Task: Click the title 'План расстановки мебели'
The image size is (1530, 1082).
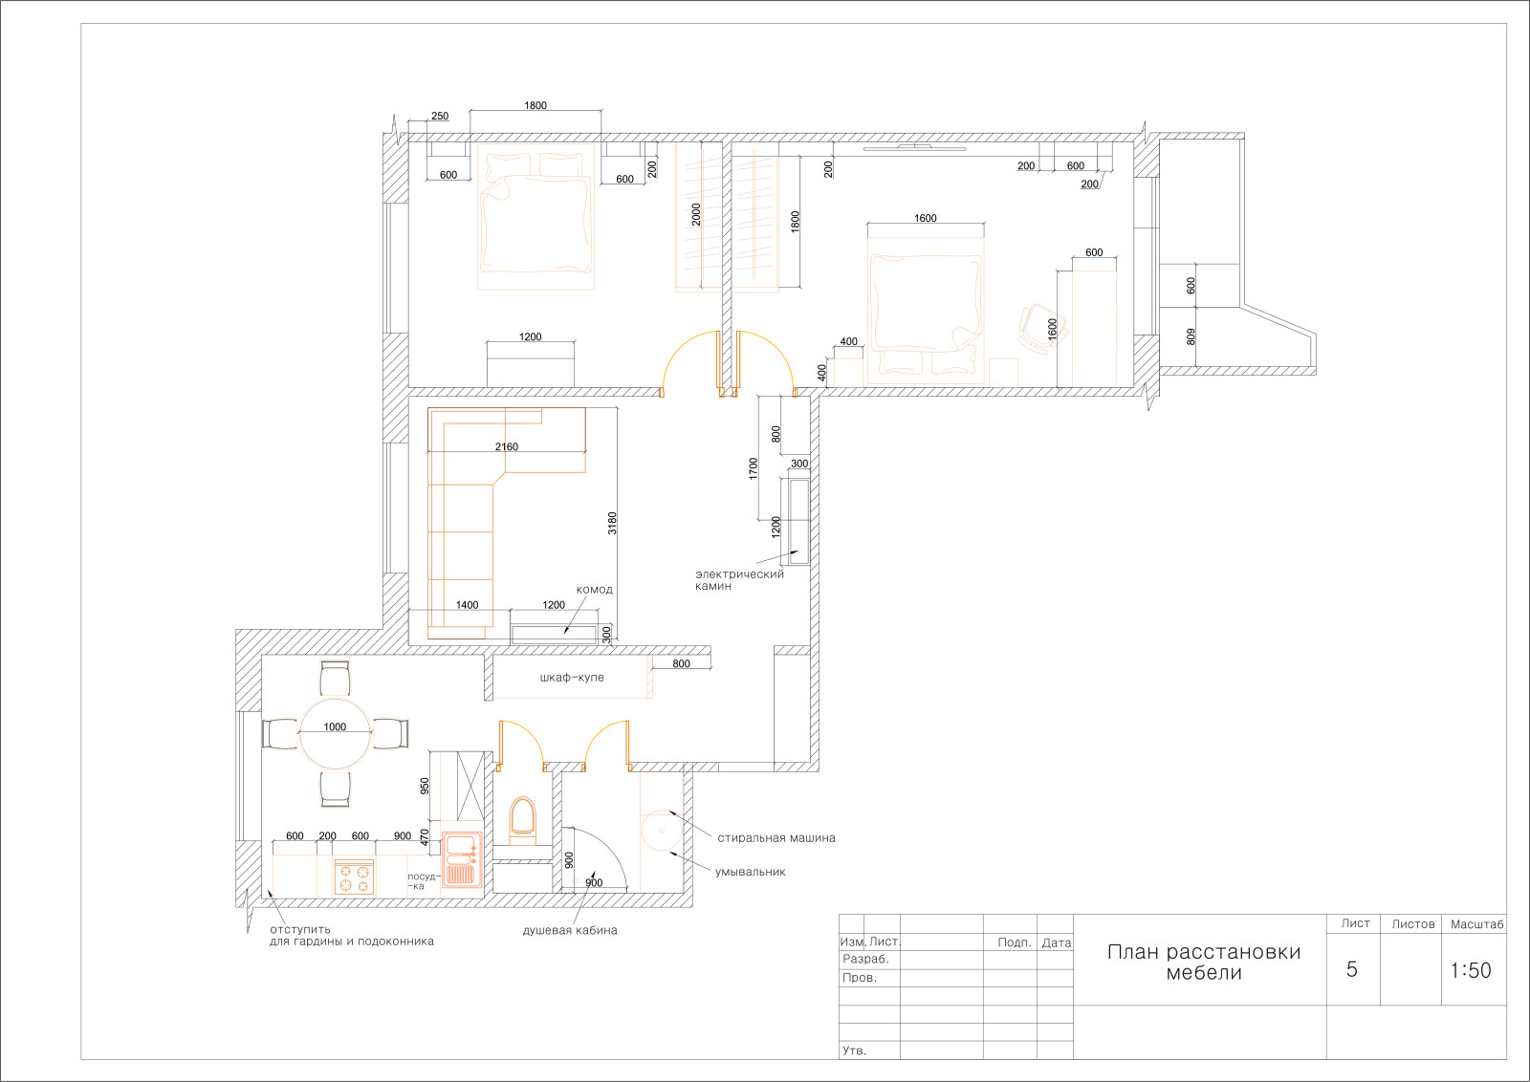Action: pyautogui.click(x=1204, y=962)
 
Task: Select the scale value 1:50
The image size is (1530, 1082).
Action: pyautogui.click(x=1471, y=970)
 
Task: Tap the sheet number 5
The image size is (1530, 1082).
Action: pyautogui.click(x=1352, y=969)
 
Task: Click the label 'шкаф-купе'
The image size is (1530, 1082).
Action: pyautogui.click(x=572, y=677)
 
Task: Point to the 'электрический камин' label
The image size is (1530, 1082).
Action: pyautogui.click(x=739, y=579)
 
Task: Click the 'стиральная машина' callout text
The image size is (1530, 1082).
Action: pyautogui.click(x=776, y=837)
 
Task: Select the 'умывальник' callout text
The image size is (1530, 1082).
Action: pyautogui.click(x=750, y=872)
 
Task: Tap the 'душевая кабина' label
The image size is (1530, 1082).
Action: pyautogui.click(x=570, y=930)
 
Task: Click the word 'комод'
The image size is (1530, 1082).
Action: pyautogui.click(x=594, y=590)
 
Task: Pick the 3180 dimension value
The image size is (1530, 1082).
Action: pyautogui.click(x=612, y=523)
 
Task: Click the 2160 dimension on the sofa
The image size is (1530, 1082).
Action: pyautogui.click(x=507, y=446)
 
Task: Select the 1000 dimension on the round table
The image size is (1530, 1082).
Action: pyautogui.click(x=335, y=727)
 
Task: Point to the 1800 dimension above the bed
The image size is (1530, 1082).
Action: pyautogui.click(x=535, y=105)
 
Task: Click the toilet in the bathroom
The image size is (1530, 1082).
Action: pyautogui.click(x=523, y=820)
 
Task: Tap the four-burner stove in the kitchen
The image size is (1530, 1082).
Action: pyautogui.click(x=354, y=876)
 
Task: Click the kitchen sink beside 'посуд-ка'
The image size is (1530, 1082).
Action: pyautogui.click(x=462, y=858)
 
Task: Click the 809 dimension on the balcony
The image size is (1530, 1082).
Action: pyautogui.click(x=1191, y=336)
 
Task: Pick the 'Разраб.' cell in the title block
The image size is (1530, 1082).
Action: pyautogui.click(x=865, y=959)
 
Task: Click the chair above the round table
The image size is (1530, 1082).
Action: pyautogui.click(x=336, y=678)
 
